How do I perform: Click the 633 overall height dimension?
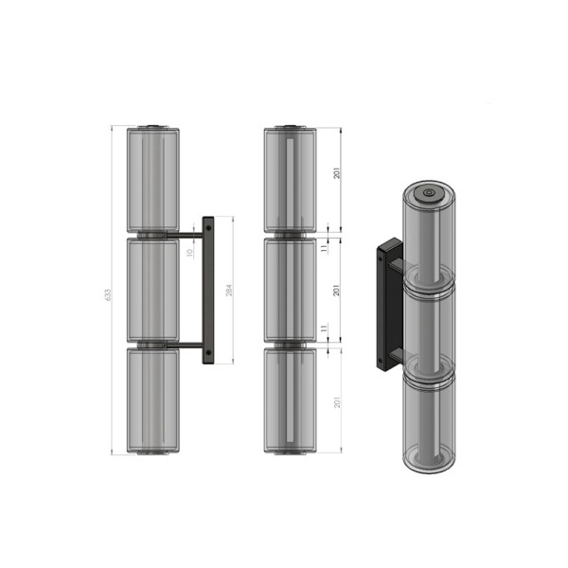(x=107, y=294)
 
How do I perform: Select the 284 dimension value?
(x=228, y=290)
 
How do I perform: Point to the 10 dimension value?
(x=189, y=252)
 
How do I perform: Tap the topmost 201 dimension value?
(x=336, y=173)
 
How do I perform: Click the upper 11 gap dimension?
(x=323, y=245)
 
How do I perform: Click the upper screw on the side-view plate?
(x=207, y=228)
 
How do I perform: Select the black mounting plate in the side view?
(x=208, y=289)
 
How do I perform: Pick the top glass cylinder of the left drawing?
(x=152, y=178)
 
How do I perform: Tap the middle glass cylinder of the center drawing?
(x=289, y=289)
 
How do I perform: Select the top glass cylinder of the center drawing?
(x=289, y=178)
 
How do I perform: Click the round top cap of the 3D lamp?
(x=429, y=192)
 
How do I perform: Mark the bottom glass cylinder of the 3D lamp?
(x=429, y=421)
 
